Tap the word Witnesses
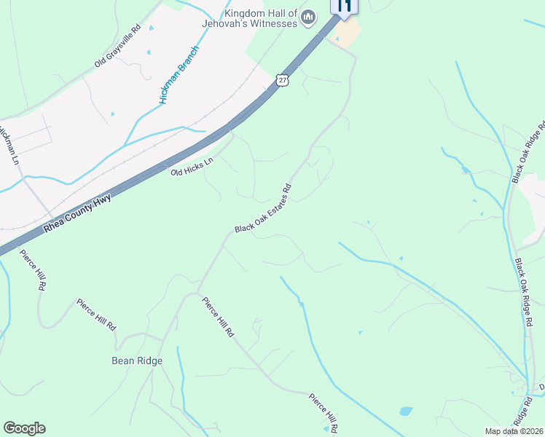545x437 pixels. (x=273, y=23)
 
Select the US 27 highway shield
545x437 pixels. (x=283, y=79)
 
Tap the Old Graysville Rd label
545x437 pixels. (x=117, y=47)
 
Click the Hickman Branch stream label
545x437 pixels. (x=174, y=75)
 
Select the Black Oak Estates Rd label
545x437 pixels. (x=264, y=208)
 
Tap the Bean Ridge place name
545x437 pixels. (x=136, y=361)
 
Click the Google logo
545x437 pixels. (x=25, y=428)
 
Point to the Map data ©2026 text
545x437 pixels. (x=514, y=430)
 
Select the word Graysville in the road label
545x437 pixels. (x=117, y=47)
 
